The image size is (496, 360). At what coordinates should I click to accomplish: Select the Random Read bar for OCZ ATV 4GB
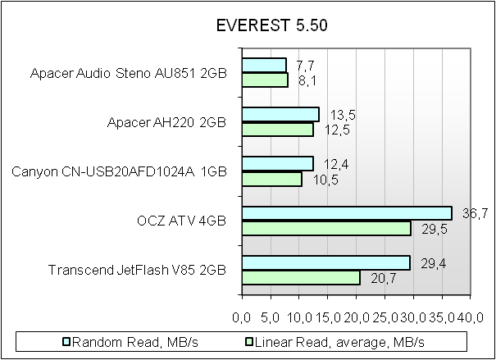pyautogui.click(x=347, y=213)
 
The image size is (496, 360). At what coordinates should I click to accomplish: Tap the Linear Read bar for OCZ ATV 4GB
pyautogui.click(x=326, y=228)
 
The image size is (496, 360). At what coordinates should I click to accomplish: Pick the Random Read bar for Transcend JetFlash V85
pyautogui.click(x=325, y=262)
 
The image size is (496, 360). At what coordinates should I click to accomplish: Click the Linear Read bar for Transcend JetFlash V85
pyautogui.click(x=301, y=277)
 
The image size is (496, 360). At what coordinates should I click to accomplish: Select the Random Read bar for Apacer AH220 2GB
pyautogui.click(x=280, y=114)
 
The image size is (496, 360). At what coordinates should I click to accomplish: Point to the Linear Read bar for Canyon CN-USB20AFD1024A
pyautogui.click(x=272, y=179)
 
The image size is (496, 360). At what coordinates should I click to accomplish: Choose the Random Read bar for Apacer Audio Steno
pyautogui.click(x=264, y=65)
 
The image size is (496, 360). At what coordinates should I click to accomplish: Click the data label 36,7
pyautogui.click(x=468, y=214)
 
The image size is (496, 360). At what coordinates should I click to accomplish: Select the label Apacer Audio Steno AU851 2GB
pyautogui.click(x=128, y=74)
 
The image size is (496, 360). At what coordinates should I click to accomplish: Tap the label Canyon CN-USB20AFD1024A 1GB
pyautogui.click(x=120, y=172)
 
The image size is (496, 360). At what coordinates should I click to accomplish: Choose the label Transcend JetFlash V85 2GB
pyautogui.click(x=137, y=271)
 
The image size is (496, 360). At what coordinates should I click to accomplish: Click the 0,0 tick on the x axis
pyautogui.click(x=243, y=317)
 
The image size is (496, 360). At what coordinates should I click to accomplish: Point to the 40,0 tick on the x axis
pyautogui.click(x=470, y=317)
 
